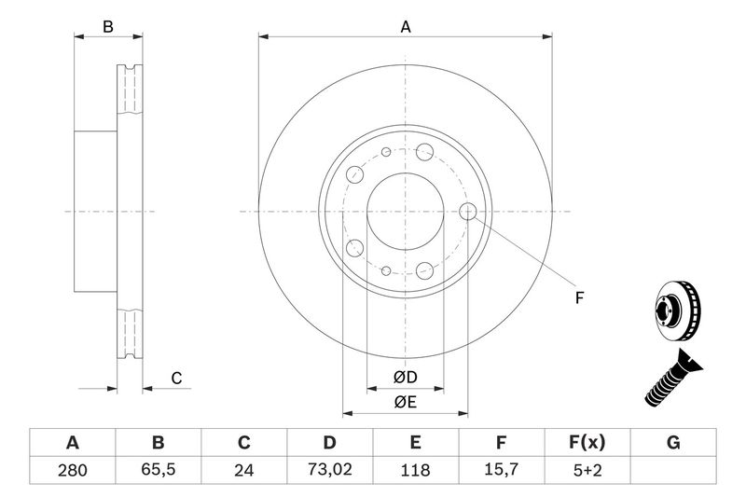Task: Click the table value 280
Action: [x=72, y=471]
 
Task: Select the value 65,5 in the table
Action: [x=158, y=471]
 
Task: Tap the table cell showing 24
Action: [x=244, y=471]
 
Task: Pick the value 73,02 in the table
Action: [x=330, y=471]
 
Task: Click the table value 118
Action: [x=416, y=471]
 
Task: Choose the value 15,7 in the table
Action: [x=502, y=471]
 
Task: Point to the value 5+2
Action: [x=587, y=471]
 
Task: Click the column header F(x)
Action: [x=587, y=442]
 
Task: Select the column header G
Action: [x=673, y=442]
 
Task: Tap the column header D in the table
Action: [x=330, y=442]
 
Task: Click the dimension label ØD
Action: [x=404, y=378]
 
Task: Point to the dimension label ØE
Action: [x=404, y=402]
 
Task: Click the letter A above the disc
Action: [x=406, y=27]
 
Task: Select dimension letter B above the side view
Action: [x=108, y=27]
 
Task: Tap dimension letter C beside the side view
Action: [x=175, y=378]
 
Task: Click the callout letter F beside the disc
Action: [x=578, y=298]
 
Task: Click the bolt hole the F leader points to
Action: [x=469, y=212]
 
